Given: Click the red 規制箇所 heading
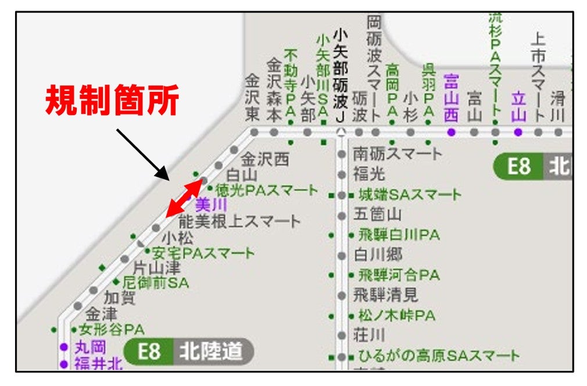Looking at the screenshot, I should point(112,101).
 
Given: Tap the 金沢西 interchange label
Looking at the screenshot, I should point(264,159).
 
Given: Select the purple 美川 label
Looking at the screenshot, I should point(210,205).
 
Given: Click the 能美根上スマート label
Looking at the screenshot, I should point(239,221).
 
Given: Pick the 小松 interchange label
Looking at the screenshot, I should point(177,238).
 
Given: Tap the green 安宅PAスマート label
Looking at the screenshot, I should point(203,253).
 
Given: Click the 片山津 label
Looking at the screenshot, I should point(157,268).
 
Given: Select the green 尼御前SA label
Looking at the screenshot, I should point(155,283).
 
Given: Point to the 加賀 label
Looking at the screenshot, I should point(119,298).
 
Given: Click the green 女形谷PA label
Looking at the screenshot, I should point(111,329).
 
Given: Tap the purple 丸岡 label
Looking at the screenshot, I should point(91,348).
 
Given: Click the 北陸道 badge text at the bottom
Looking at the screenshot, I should point(210,351).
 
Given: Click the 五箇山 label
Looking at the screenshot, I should point(377,215).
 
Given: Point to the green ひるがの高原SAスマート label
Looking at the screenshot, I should point(438,356).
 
